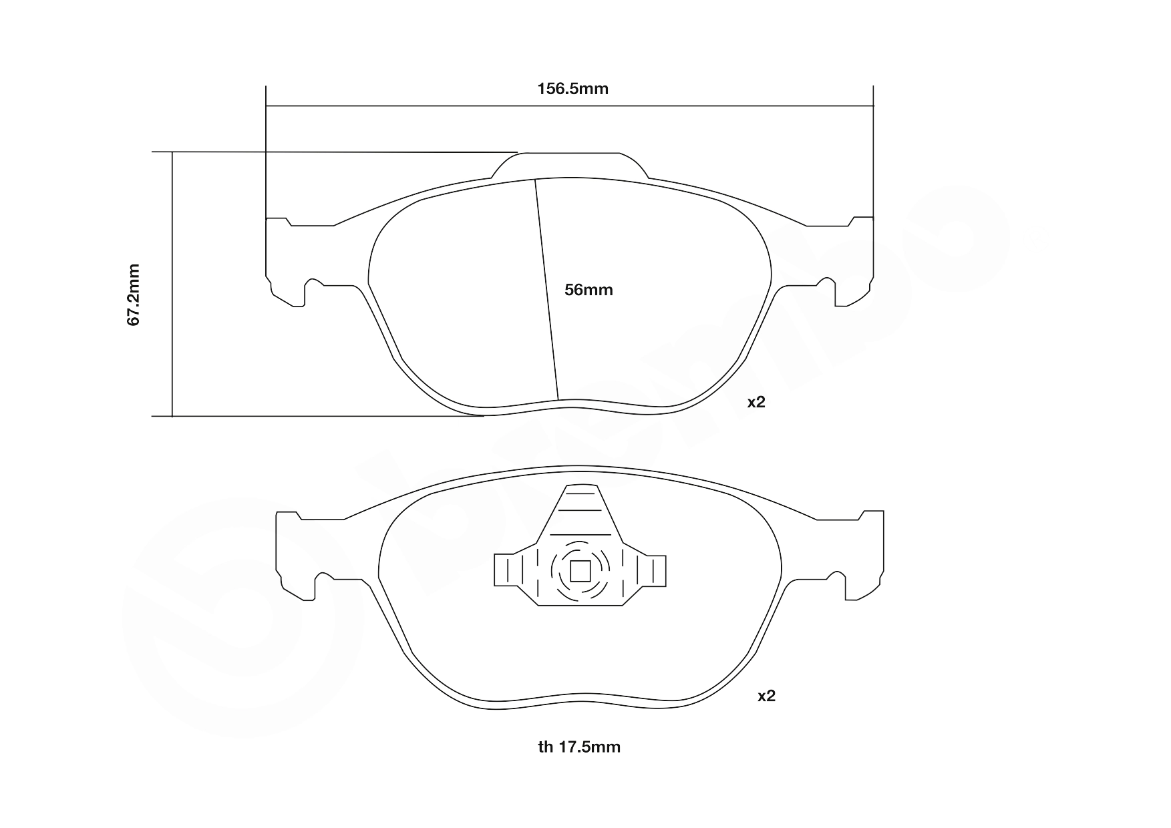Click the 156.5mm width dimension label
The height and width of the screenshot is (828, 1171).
pos(572,89)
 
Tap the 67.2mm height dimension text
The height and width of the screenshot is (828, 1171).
pos(134,294)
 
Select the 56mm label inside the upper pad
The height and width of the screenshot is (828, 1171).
pos(589,290)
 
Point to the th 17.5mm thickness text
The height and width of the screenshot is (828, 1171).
pos(579,747)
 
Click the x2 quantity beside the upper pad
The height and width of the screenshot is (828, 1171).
pos(756,402)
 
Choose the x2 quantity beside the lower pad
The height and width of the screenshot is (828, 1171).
pos(766,696)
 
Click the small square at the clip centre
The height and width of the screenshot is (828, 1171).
pos(580,571)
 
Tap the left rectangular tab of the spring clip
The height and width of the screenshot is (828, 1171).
pos(507,571)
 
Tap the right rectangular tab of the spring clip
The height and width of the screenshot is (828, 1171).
pos(652,571)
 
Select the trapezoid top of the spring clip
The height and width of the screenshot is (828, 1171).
pos(580,511)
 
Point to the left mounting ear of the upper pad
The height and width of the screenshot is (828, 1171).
pos(287,260)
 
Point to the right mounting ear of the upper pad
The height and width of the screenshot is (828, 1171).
pos(852,260)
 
